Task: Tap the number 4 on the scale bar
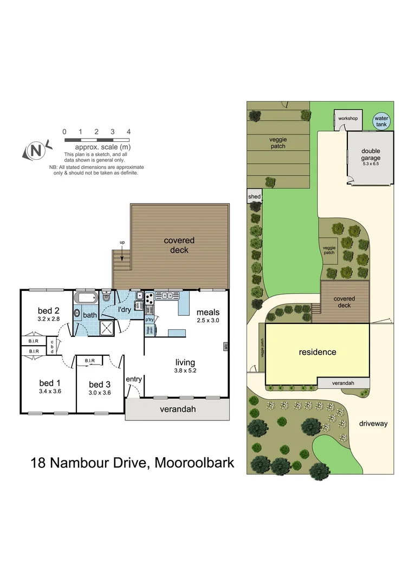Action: point(128,132)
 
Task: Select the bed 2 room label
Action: point(48,310)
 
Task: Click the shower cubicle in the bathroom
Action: point(108,327)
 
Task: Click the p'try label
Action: point(149,319)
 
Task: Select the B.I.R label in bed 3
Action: point(89,360)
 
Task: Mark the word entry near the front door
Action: point(134,379)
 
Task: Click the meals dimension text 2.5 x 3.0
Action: point(209,321)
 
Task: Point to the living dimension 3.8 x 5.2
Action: point(185,371)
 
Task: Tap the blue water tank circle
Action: point(381,121)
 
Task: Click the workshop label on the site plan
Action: point(347,118)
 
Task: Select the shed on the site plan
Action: point(254,197)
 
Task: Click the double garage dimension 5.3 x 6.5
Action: point(371,165)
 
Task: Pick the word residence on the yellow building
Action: point(318,352)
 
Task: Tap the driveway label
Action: point(373,424)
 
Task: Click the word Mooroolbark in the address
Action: point(195,463)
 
